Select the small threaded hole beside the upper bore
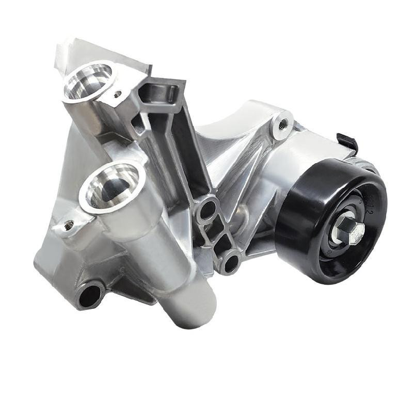pyautogui.click(x=118, y=94)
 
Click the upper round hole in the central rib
pyautogui.click(x=208, y=209)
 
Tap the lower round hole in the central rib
pyautogui.click(x=231, y=262)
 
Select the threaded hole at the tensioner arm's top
pyautogui.click(x=282, y=124)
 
